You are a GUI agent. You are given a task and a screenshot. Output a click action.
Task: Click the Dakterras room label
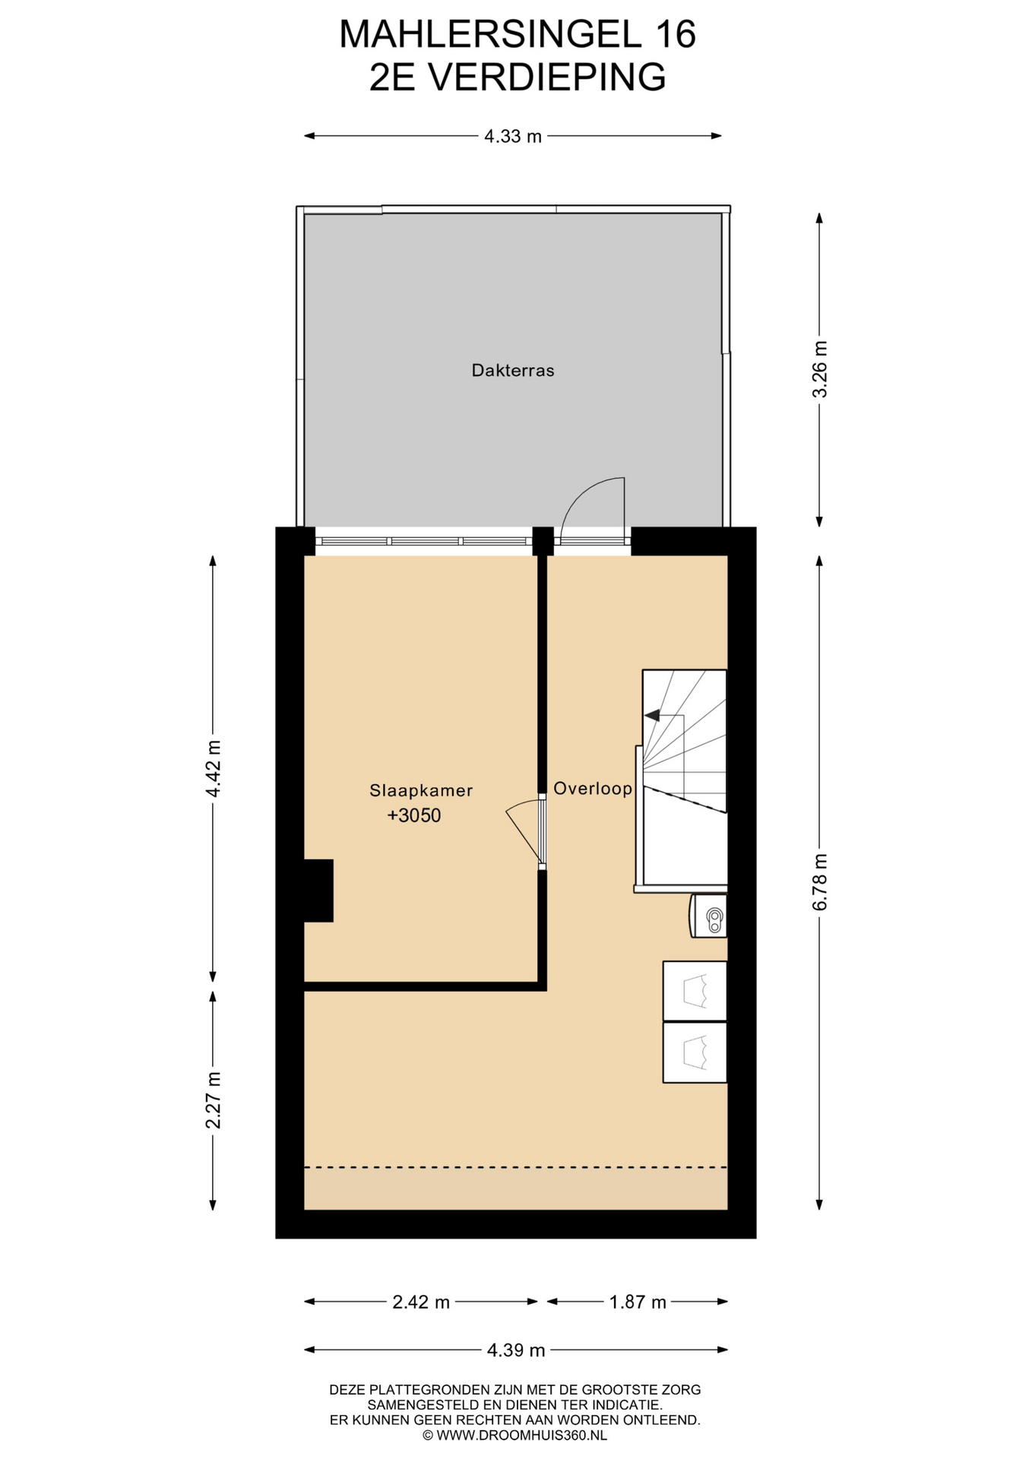pyautogui.click(x=513, y=371)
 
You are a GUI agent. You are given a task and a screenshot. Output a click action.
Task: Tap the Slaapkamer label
pyautogui.click(x=421, y=790)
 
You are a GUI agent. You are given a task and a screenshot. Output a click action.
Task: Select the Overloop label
pyautogui.click(x=593, y=789)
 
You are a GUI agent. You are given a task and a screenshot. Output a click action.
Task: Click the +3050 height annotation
pyautogui.click(x=414, y=815)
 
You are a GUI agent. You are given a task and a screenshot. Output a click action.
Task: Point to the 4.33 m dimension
pyautogui.click(x=513, y=137)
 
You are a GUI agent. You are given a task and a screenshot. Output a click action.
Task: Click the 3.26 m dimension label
pyautogui.click(x=820, y=369)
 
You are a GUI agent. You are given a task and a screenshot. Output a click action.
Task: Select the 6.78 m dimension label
pyautogui.click(x=820, y=882)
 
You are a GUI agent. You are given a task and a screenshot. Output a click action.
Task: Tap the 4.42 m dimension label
pyautogui.click(x=214, y=768)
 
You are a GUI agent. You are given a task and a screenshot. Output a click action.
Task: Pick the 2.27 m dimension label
pyautogui.click(x=214, y=1100)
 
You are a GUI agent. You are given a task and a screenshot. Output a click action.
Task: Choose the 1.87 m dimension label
pyautogui.click(x=638, y=1302)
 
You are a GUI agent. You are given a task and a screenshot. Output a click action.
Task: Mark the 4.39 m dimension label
pyautogui.click(x=516, y=1350)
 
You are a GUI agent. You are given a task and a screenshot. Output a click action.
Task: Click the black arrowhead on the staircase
pyautogui.click(x=651, y=714)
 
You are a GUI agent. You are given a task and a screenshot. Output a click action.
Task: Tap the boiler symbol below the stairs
pyautogui.click(x=708, y=916)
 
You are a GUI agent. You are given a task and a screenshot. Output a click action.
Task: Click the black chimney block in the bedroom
pyautogui.click(x=318, y=891)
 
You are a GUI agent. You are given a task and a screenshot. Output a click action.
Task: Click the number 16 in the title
pyautogui.click(x=673, y=35)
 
